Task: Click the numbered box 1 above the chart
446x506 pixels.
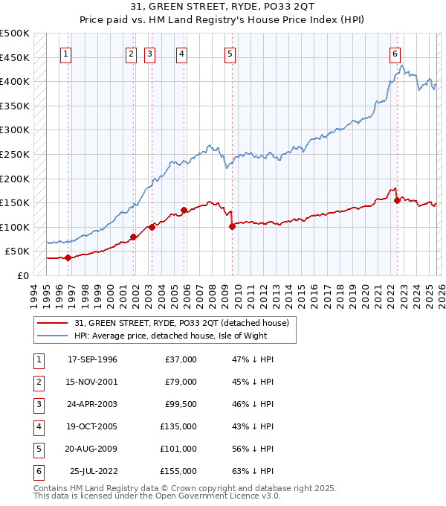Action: pos(67,54)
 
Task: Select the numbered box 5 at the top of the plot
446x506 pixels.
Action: pos(230,54)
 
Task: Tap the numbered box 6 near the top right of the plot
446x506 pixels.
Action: pos(395,54)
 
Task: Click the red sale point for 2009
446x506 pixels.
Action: pos(233,226)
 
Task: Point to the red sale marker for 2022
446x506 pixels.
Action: pos(397,200)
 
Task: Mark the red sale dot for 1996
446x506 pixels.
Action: pos(68,257)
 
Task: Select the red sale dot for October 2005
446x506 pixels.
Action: pos(183,210)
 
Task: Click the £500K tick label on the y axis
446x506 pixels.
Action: pos(15,33)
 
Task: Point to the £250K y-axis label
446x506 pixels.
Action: pos(15,154)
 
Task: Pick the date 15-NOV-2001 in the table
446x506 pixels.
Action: pos(92,382)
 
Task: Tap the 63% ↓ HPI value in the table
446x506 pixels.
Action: pos(253,471)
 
